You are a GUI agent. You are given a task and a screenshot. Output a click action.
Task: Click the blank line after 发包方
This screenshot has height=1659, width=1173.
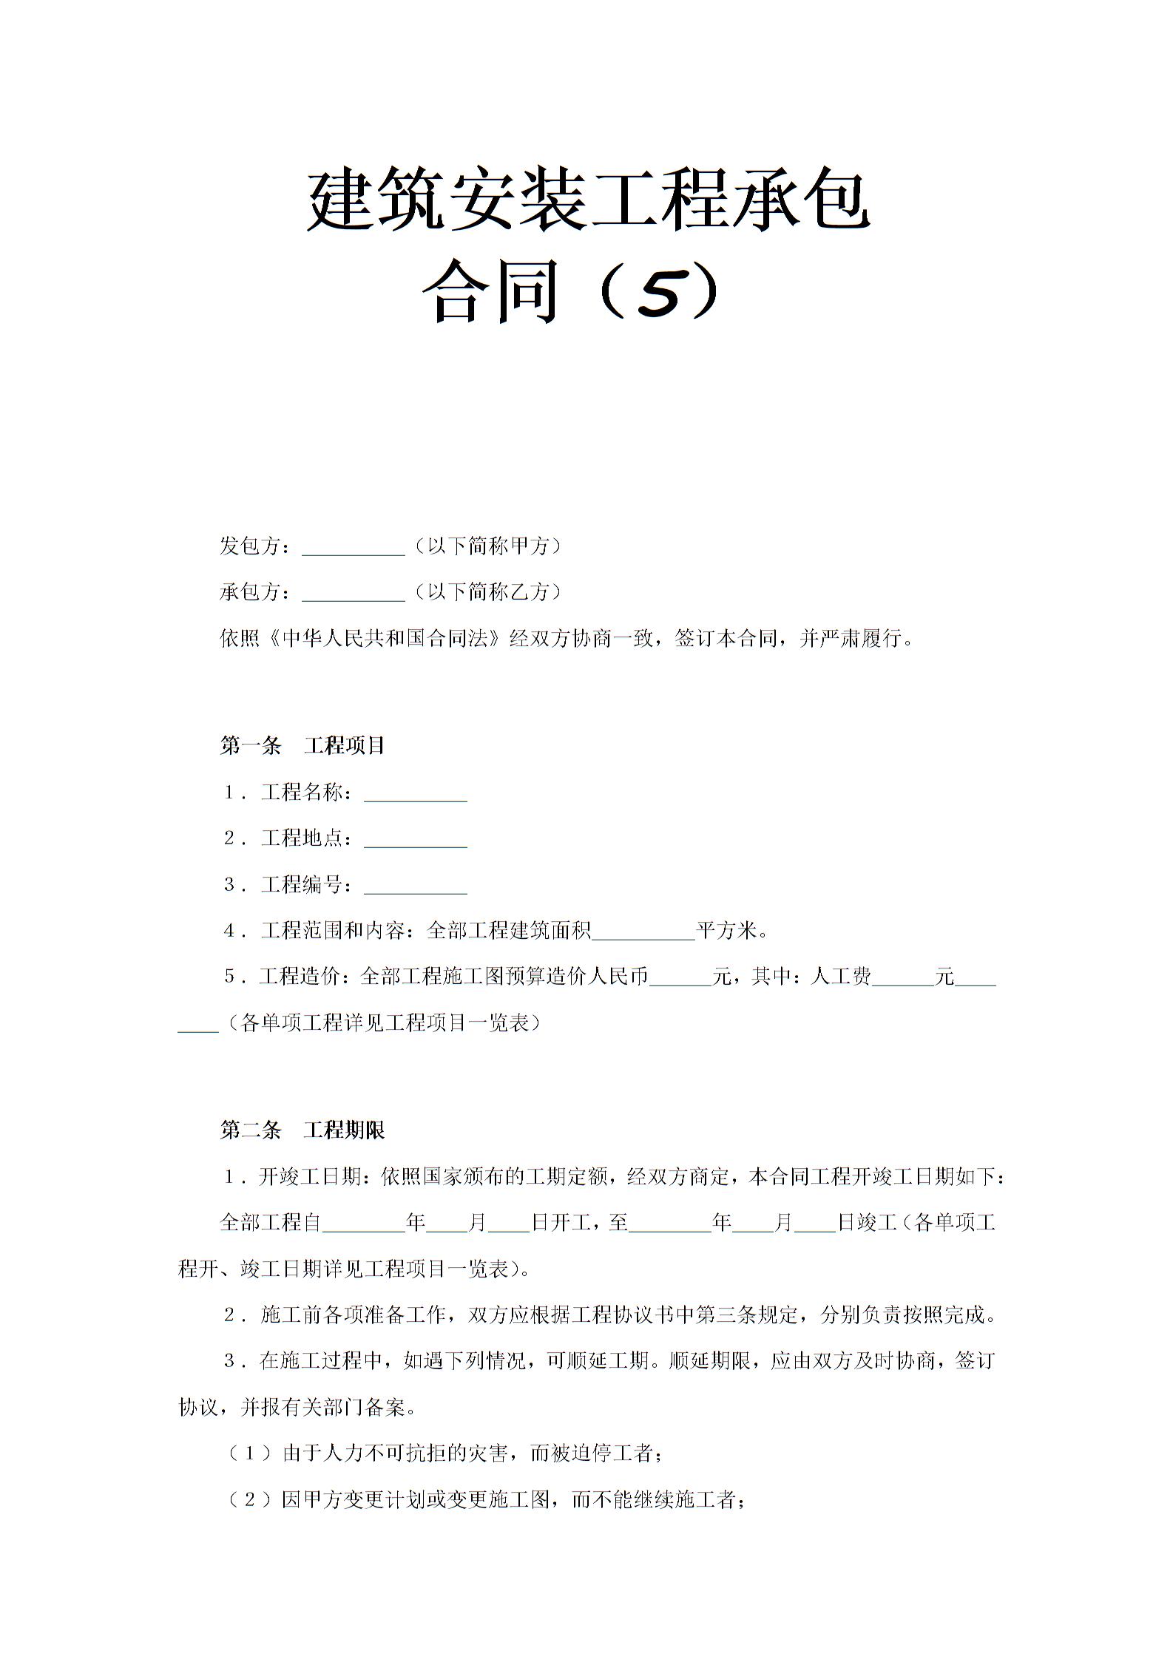(354, 547)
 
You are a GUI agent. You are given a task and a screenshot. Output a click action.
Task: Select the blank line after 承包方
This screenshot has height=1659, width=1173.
(354, 593)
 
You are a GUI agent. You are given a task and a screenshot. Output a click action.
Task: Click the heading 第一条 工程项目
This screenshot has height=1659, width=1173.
(302, 745)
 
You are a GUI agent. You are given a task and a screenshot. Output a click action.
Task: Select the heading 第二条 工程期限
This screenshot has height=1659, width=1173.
(302, 1130)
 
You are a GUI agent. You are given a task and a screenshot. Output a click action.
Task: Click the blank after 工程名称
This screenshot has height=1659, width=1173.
(416, 794)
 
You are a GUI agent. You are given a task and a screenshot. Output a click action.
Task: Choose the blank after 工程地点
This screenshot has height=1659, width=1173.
(416, 840)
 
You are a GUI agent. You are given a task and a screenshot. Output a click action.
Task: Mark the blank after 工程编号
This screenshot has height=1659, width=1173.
(416, 886)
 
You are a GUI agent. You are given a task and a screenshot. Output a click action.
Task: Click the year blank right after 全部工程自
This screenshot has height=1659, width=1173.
(364, 1224)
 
